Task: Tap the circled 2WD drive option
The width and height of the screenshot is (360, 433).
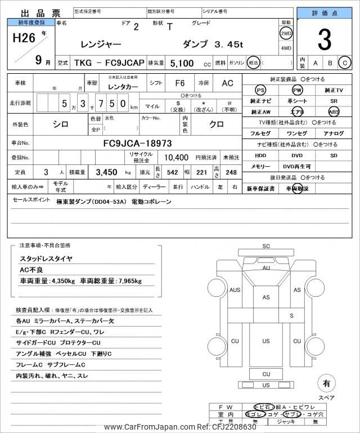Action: pyautogui.click(x=286, y=33)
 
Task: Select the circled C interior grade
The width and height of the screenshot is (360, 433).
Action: pyautogui.click(x=344, y=63)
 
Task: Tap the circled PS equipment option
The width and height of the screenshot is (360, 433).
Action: pyautogui.click(x=260, y=90)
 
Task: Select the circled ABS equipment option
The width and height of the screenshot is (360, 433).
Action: pyautogui.click(x=334, y=111)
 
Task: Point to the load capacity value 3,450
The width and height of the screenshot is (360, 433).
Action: pyautogui.click(x=106, y=172)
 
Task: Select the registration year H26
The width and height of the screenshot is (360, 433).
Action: pyautogui.click(x=22, y=38)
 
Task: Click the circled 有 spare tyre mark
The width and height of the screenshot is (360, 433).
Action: pyautogui.click(x=326, y=384)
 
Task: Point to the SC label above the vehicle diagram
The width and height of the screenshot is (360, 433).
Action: pyautogui.click(x=266, y=246)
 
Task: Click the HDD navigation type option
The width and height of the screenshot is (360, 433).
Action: pyautogui.click(x=260, y=155)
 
